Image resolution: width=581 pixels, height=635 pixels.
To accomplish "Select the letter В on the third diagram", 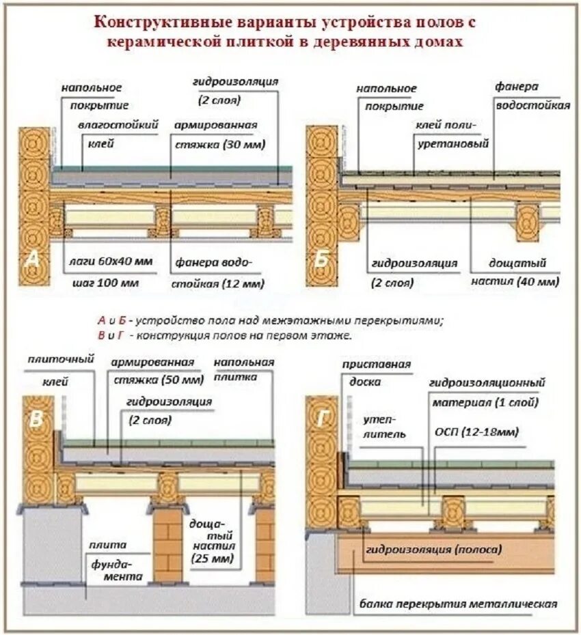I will pyautogui.click(x=35, y=421).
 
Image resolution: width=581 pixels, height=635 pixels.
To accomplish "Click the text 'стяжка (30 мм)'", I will pyautogui.click(x=217, y=145).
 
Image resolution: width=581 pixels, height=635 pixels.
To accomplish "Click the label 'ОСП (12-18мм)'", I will pyautogui.click(x=476, y=432).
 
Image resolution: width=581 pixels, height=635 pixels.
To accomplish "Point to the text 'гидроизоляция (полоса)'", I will pyautogui.click(x=434, y=549).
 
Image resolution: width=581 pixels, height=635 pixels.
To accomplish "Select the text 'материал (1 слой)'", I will pyautogui.click(x=485, y=403).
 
